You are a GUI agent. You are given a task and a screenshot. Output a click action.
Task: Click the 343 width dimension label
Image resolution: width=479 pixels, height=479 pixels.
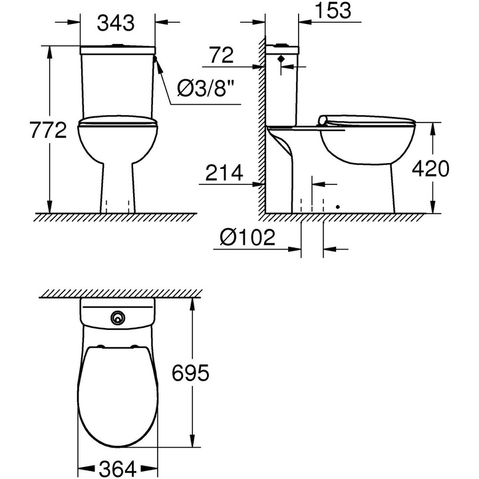(x=117, y=23)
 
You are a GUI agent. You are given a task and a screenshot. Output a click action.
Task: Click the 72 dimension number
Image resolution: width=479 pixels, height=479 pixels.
(x=221, y=55)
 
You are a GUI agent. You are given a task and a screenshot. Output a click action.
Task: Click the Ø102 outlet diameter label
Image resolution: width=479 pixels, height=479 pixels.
(x=247, y=238)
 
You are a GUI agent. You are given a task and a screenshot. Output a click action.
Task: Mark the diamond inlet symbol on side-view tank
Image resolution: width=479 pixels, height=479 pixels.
(x=282, y=59)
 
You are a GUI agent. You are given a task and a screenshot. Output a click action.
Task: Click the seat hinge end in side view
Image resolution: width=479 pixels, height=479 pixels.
(x=325, y=120)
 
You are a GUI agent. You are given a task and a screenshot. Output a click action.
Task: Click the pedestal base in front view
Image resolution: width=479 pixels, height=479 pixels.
(x=118, y=193)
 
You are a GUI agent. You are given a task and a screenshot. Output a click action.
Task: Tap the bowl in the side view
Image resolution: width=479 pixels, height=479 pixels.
(x=366, y=150)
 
